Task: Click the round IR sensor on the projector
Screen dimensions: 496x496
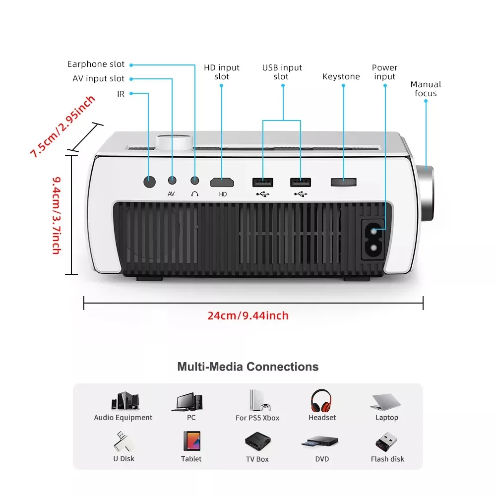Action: (x=149, y=182)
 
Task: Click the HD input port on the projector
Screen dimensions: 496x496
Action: (x=222, y=182)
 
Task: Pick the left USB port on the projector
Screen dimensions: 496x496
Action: (x=262, y=182)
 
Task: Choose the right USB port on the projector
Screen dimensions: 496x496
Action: (x=301, y=182)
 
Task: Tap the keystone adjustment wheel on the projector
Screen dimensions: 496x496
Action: (x=343, y=182)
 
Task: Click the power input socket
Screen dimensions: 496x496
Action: (x=375, y=239)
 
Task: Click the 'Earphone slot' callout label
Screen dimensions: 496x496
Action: (x=96, y=64)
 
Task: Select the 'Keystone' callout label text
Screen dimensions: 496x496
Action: (x=341, y=77)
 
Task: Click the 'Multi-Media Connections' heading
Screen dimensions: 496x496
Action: (x=248, y=367)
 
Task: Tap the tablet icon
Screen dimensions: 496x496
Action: (x=191, y=441)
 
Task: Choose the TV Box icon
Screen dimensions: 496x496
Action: (x=257, y=441)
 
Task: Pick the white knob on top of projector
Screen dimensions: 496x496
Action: (x=173, y=141)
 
